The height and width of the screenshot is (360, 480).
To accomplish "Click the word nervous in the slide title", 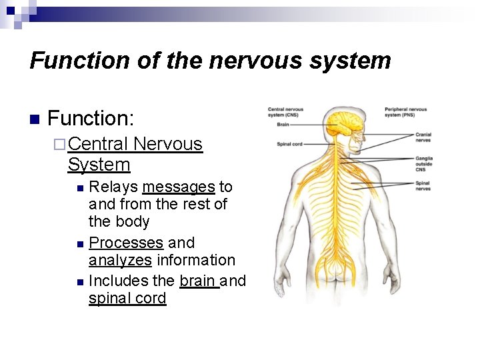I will [x=251, y=61].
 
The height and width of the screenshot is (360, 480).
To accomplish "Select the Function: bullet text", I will [x=91, y=119].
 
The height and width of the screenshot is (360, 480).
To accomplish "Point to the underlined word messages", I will [x=178, y=187].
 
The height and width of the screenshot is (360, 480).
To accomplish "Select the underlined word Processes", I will [x=126, y=243].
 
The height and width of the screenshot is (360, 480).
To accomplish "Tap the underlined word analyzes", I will [x=120, y=260].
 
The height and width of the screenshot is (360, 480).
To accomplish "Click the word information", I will [x=196, y=260].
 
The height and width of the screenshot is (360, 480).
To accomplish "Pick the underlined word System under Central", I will [x=99, y=165].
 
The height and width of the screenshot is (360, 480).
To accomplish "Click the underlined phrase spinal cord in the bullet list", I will [x=127, y=298].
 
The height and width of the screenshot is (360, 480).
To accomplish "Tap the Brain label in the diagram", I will [x=283, y=124].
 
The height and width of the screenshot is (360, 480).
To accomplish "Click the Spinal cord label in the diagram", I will [x=289, y=144].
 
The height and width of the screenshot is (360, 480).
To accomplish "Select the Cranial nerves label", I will [x=423, y=137].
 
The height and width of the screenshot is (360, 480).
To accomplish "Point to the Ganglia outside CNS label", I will [x=424, y=164].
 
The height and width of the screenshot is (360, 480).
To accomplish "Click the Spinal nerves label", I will [x=423, y=186].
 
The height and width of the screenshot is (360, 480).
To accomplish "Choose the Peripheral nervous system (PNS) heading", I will [x=405, y=112].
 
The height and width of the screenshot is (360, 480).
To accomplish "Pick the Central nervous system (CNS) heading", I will [x=285, y=112].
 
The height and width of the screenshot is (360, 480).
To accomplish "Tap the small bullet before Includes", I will [x=80, y=281].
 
